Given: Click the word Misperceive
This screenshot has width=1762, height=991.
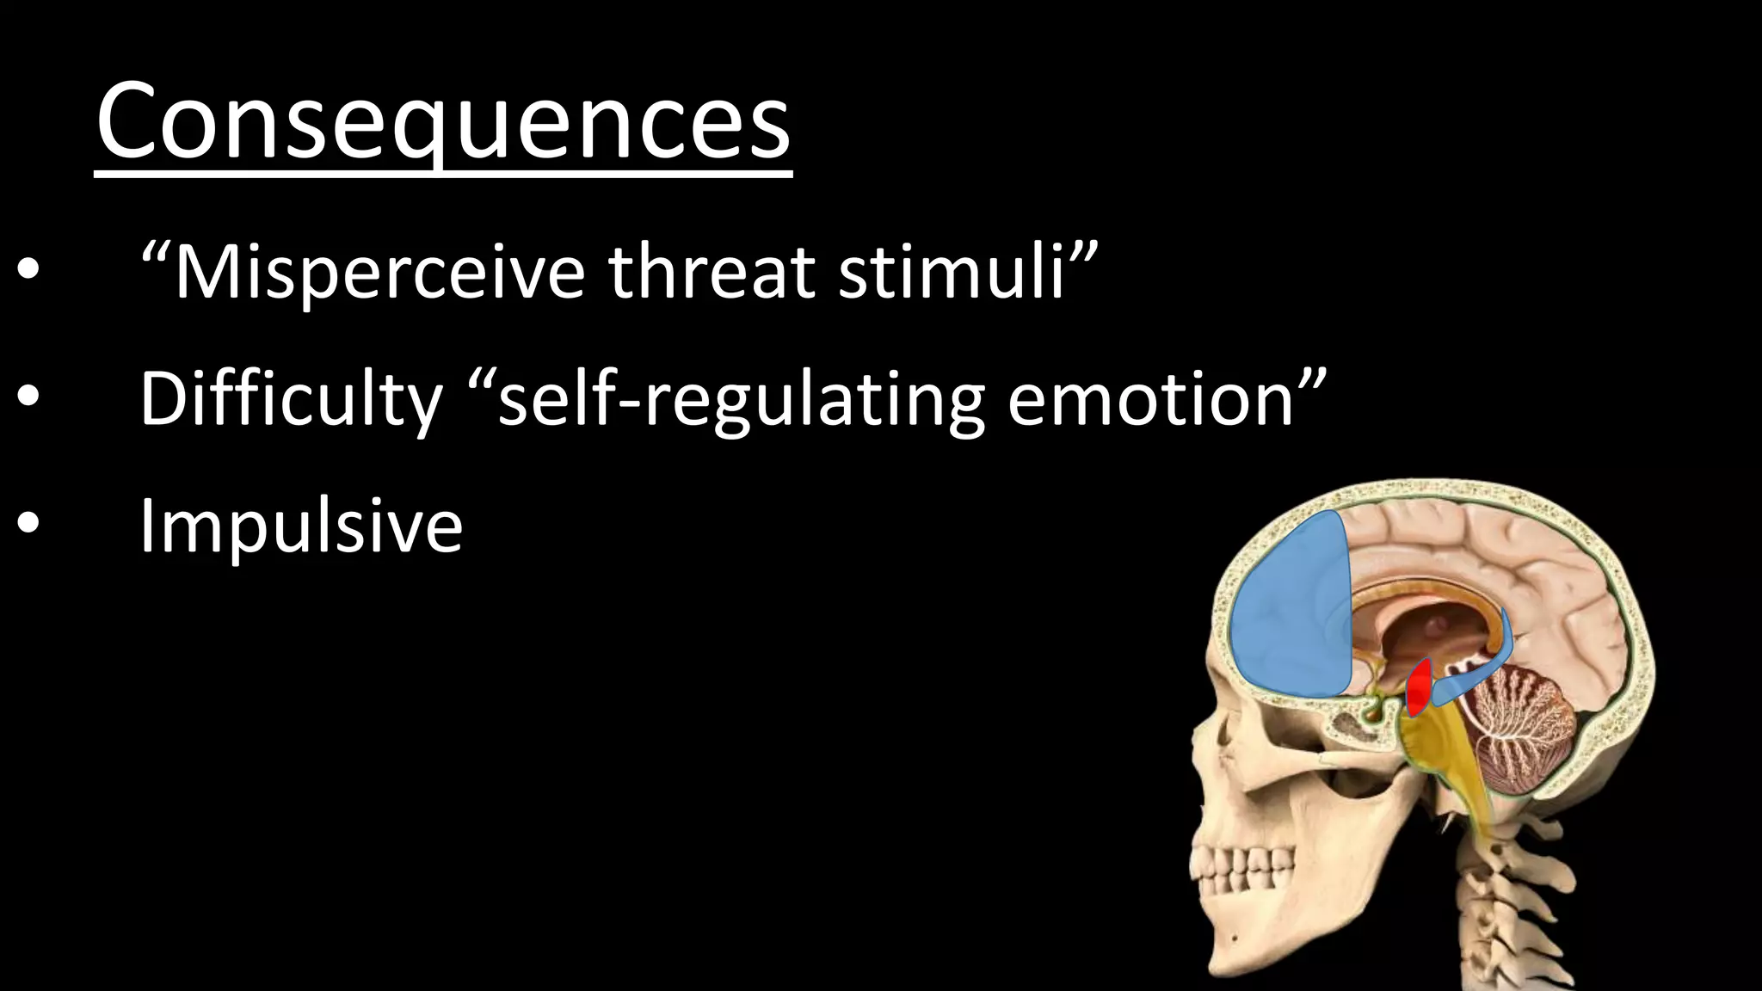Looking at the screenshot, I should tap(379, 272).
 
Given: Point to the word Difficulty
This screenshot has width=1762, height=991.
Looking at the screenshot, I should tap(291, 398).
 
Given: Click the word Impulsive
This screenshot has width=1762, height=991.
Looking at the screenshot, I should tap(301, 525).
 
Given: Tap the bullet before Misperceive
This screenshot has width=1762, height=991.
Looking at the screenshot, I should tap(28, 272).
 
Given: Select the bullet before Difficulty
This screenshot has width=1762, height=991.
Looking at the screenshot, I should tap(28, 397).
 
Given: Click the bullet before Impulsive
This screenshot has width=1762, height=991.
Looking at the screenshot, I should tap(28, 524).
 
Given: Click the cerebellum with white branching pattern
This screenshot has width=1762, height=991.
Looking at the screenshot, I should tap(1523, 731).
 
